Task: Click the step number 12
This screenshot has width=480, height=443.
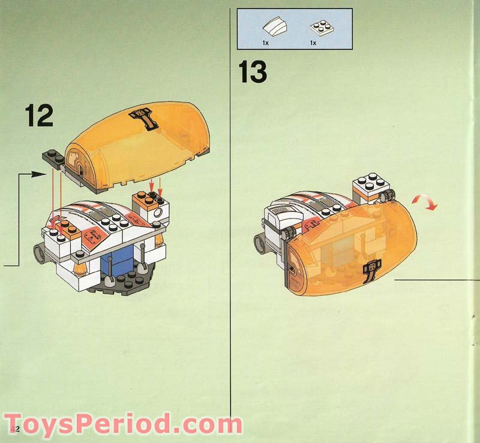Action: pyautogui.click(x=39, y=116)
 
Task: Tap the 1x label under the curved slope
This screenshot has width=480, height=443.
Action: pyautogui.click(x=265, y=43)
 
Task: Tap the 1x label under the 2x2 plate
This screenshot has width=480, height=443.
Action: pyautogui.click(x=313, y=43)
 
